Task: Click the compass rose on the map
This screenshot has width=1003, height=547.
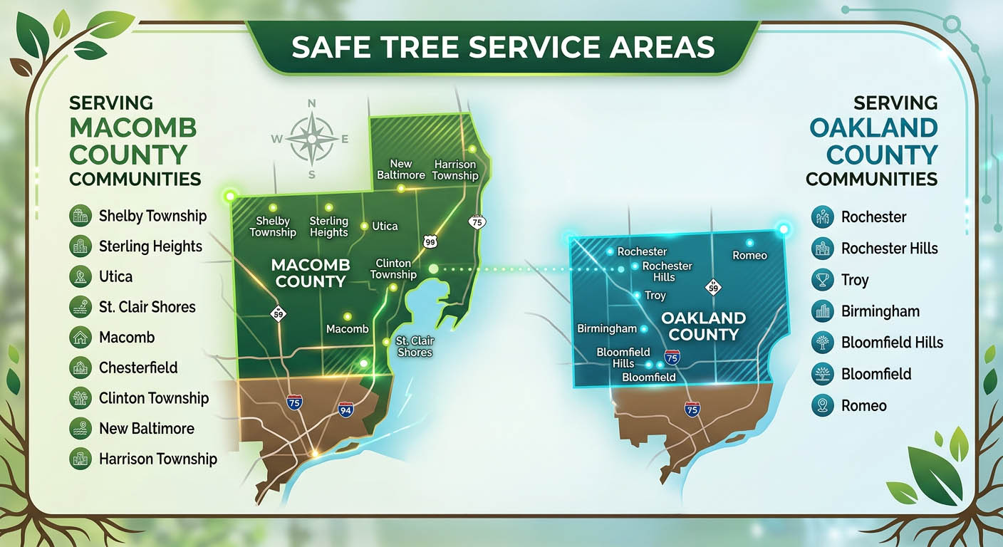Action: coord(311,138)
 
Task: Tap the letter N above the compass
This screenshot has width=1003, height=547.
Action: coord(311,104)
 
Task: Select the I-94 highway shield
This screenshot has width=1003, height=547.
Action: coord(345,409)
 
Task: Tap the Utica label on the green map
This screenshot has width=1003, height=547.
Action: coord(385,226)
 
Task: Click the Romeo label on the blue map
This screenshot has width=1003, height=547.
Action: coord(749,255)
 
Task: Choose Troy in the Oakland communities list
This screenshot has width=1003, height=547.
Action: coord(855,280)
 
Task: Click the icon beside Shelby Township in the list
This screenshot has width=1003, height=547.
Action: coord(80,216)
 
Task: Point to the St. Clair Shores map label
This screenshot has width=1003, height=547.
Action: coord(415,346)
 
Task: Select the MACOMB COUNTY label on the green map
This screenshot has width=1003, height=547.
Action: coord(311,273)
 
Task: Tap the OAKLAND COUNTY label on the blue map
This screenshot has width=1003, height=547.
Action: coord(703,325)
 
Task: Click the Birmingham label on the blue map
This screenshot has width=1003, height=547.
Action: coord(606,328)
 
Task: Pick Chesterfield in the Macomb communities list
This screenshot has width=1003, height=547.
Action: coord(138,368)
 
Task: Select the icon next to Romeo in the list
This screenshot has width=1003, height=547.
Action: coord(822,405)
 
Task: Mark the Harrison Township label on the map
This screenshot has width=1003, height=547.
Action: coord(455,170)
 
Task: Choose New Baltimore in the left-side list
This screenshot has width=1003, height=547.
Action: coord(146,428)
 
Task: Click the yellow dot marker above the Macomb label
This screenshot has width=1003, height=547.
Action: coord(348,316)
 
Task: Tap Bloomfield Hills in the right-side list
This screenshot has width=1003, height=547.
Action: coord(892,343)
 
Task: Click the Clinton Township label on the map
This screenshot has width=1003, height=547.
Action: coord(393,269)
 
